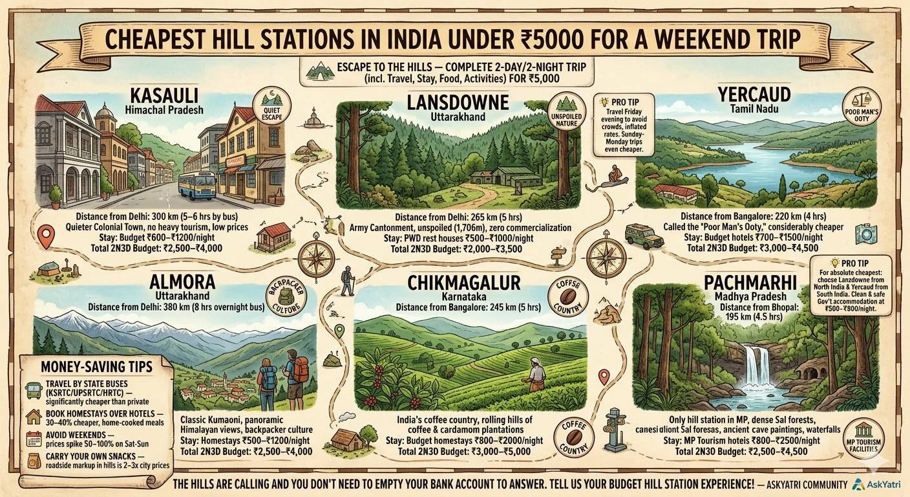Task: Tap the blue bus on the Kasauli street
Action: pyautogui.click(x=196, y=184)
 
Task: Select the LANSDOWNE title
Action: pyautogui.click(x=458, y=102)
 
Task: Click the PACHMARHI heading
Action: pyautogui.click(x=749, y=283)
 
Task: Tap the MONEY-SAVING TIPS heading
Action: pyautogui.click(x=96, y=366)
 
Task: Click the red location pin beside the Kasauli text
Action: pyautogui.click(x=45, y=236)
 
